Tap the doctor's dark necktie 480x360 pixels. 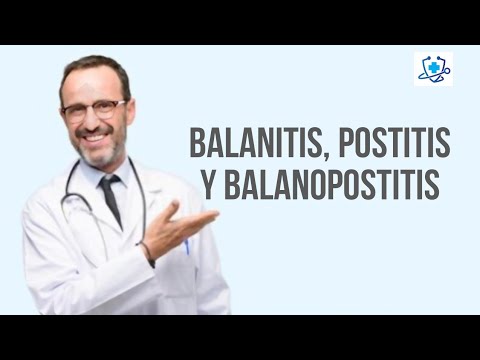(x=110, y=199)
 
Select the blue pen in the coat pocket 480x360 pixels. (x=186, y=243)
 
